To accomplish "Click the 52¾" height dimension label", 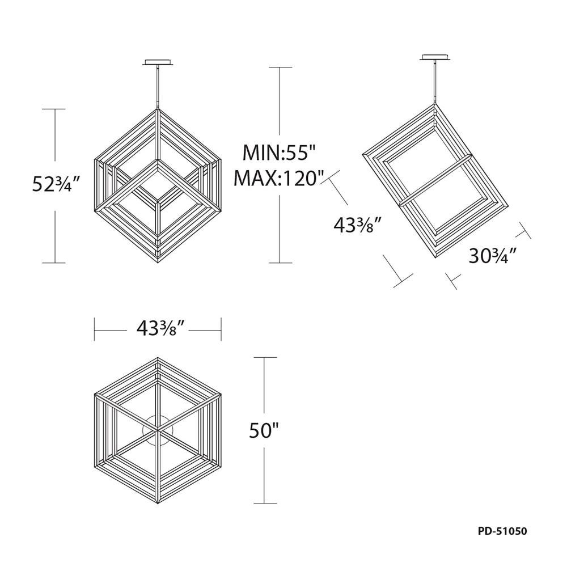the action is (55, 185).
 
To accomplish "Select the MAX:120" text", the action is (277, 178).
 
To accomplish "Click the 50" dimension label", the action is (264, 430).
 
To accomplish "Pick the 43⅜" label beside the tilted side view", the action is (357, 226).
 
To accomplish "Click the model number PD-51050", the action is (502, 531).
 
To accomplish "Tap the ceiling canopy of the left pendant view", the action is (158, 62).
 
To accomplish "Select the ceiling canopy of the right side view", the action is (435, 57).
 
